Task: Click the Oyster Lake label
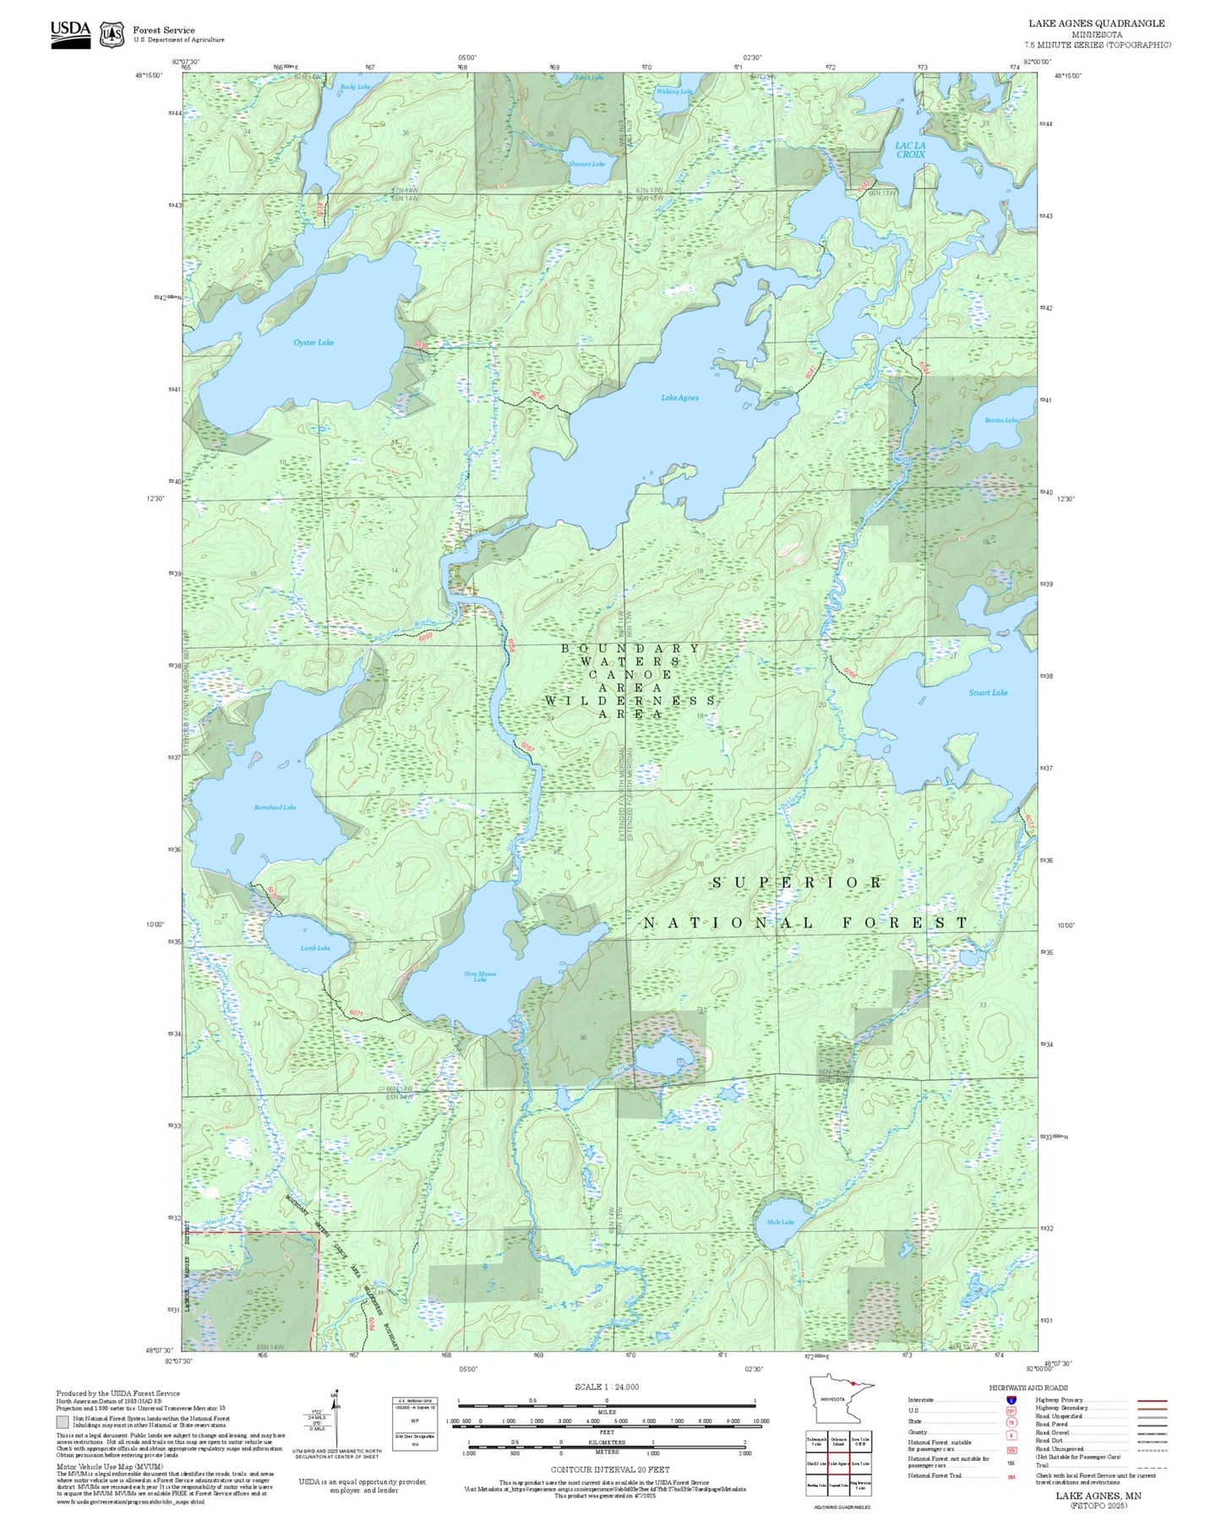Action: coord(313,342)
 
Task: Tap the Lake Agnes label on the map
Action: coord(679,398)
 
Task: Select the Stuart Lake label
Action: coord(988,692)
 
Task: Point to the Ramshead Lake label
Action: coord(275,807)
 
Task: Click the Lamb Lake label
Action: coord(315,948)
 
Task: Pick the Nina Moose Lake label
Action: coord(480,976)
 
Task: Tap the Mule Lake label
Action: coord(780,1222)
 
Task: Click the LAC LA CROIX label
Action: coord(910,149)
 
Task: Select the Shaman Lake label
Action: coord(586,164)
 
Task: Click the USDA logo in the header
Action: coord(70,30)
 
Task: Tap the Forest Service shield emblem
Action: coord(112,34)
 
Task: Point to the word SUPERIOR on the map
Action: coord(797,882)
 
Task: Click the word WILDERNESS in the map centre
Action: coord(630,701)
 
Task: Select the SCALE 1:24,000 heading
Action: coord(606,1387)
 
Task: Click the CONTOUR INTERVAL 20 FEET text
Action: coord(609,1470)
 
